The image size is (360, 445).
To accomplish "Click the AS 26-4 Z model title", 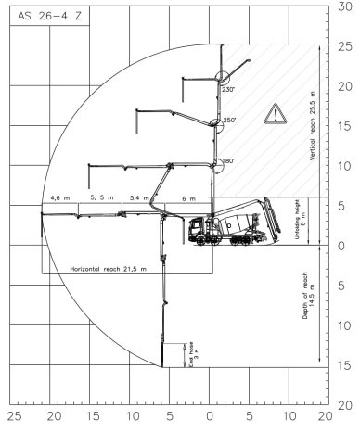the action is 50,16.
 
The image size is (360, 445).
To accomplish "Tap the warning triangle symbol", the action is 276,114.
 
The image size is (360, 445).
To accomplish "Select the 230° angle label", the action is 228,90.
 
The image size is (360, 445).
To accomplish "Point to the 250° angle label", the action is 230,121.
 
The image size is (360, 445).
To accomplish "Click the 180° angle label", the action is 229,160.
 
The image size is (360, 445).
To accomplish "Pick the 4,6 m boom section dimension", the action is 60,197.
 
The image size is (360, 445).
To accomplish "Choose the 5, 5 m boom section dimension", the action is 102,197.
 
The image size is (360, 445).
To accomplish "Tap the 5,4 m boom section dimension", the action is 139,197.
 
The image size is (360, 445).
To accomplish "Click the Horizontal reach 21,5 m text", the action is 109,269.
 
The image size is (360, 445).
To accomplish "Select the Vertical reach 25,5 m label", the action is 313,126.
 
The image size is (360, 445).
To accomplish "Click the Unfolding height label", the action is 300,220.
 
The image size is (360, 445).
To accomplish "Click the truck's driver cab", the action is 197,229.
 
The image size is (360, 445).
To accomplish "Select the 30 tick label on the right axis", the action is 345,6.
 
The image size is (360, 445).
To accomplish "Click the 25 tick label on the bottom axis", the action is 14,416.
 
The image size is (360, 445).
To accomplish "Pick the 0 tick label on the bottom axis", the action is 210,416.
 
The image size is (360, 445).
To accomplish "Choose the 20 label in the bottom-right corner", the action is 325,416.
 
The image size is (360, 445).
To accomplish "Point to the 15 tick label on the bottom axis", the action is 93,416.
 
